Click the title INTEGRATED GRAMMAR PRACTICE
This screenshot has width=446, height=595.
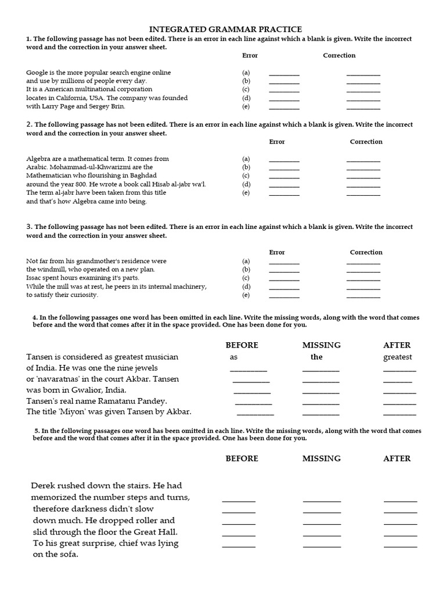click(x=226, y=29)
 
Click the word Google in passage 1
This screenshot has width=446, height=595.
click(x=37, y=73)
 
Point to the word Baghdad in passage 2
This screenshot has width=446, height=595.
click(x=143, y=175)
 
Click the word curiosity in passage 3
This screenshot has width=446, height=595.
click(x=84, y=295)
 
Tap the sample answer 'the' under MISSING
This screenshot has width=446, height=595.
click(x=316, y=357)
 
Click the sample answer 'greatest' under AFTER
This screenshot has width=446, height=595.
click(x=398, y=357)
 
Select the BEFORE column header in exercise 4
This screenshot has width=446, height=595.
click(x=242, y=345)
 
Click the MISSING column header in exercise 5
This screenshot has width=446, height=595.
click(x=321, y=458)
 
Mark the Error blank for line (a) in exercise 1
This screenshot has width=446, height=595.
click(x=285, y=74)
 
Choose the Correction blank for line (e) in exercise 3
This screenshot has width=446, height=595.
click(x=363, y=296)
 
